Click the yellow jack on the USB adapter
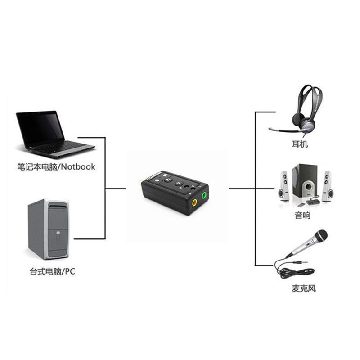[x=194, y=202]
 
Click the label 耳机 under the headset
[x=300, y=145]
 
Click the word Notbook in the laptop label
[x=78, y=167]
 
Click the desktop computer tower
[x=48, y=229]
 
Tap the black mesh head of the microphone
[x=321, y=236]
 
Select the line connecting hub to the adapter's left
[x=115, y=189]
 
